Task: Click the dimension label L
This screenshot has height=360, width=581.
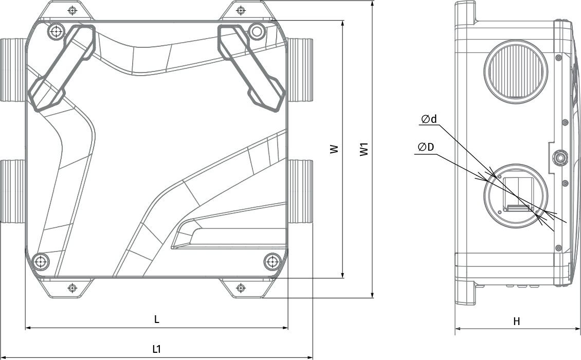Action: coord(157,319)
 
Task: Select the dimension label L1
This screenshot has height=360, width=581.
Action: coord(157,349)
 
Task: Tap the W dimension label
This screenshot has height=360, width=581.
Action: coord(335,149)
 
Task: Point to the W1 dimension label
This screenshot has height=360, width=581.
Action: coord(365,149)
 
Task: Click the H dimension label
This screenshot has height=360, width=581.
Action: coord(517,321)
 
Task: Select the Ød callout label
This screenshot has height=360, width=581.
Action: coord(429,119)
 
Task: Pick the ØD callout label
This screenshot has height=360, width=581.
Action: coord(426,147)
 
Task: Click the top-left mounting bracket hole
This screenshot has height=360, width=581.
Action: coord(72,10)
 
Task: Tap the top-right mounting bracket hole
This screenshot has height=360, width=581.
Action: coord(241,10)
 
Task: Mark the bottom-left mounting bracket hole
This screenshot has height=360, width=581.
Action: coord(72,287)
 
